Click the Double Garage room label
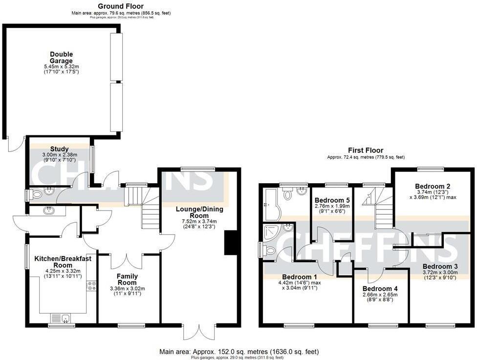61,57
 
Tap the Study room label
59,149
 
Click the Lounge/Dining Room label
199,212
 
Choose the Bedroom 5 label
332,200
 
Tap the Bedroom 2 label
433,186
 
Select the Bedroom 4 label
380,289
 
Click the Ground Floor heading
121,6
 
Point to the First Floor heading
366,150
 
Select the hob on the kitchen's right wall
91,286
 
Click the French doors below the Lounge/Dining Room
198,332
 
